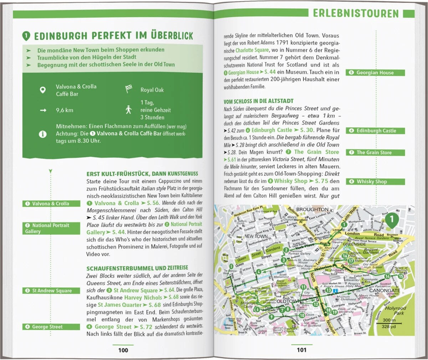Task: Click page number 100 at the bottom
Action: point(123,350)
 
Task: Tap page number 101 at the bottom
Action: point(302,350)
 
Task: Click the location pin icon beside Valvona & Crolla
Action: point(42,90)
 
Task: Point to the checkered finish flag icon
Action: point(129,89)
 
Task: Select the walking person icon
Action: point(128,110)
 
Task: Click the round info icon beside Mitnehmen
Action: point(42,134)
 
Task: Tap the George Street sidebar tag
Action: point(51,327)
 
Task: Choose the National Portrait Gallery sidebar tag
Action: point(51,228)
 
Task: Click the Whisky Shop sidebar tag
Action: point(375,181)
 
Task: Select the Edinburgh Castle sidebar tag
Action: point(375,131)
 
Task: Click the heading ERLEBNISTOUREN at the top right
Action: point(356,14)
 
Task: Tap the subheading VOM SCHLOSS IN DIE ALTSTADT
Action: point(259,102)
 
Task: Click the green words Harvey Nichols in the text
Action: point(143,297)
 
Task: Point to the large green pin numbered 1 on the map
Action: point(392,220)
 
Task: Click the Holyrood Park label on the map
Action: point(395,310)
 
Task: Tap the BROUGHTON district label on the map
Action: point(312,209)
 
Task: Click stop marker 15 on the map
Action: point(401,276)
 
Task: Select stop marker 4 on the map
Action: point(259,272)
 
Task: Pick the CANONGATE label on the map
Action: point(384,290)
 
